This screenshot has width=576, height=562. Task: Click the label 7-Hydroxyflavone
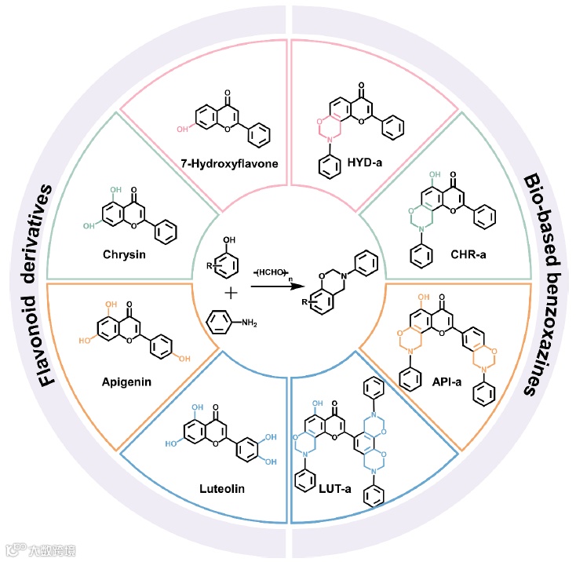pyautogui.click(x=226, y=164)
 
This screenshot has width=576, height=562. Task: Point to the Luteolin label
pyautogui.click(x=223, y=489)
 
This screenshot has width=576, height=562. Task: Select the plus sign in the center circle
pyautogui.click(x=231, y=294)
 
